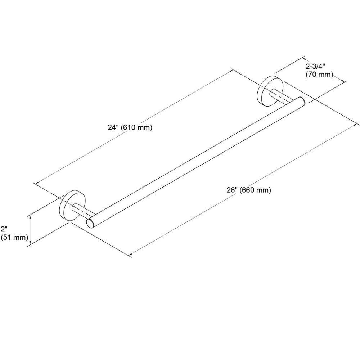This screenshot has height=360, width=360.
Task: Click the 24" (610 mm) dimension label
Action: pos(130,127)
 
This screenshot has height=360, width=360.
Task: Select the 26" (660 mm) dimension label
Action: pos(249,190)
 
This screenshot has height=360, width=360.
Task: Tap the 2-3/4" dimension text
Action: pos(315,67)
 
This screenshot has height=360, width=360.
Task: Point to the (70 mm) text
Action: pos(319,75)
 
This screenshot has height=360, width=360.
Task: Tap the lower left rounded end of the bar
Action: pos(90,224)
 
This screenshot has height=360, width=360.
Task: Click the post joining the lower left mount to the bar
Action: pos(83,210)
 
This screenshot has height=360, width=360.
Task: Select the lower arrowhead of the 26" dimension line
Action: pos(131,254)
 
